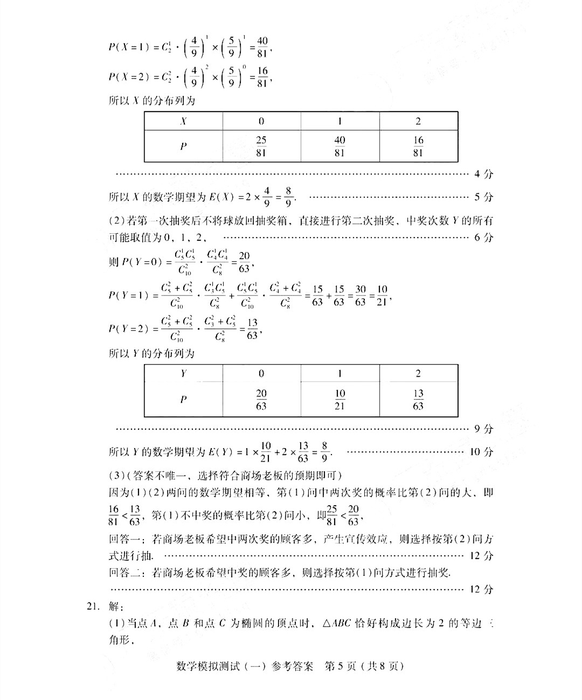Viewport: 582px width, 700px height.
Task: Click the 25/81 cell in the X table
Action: click(x=261, y=146)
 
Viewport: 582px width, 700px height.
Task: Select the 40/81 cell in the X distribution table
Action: click(x=339, y=146)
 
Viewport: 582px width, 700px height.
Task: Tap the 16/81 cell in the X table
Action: click(x=418, y=146)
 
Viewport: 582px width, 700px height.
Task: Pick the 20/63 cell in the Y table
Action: click(x=261, y=400)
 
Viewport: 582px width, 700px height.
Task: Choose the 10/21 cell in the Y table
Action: click(x=339, y=400)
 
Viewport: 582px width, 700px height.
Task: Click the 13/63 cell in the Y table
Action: click(x=418, y=400)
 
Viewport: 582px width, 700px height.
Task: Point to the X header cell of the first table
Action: click(x=183, y=121)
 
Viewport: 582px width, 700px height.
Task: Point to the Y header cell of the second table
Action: click(x=183, y=373)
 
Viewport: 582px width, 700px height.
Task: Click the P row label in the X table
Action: click(x=183, y=146)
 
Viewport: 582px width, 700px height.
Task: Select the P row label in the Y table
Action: click(x=183, y=400)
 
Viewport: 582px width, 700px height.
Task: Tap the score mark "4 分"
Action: click(x=483, y=174)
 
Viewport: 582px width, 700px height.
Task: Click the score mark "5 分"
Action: click(x=483, y=197)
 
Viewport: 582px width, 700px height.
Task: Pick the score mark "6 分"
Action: click(x=483, y=237)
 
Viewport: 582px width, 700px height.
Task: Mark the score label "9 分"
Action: click(x=483, y=429)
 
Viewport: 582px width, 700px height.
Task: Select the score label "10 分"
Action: click(x=481, y=452)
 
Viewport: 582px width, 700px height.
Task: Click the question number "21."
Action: click(x=94, y=606)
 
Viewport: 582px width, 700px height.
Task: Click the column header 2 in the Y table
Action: click(x=418, y=373)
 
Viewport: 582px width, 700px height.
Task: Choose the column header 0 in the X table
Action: click(x=261, y=121)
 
